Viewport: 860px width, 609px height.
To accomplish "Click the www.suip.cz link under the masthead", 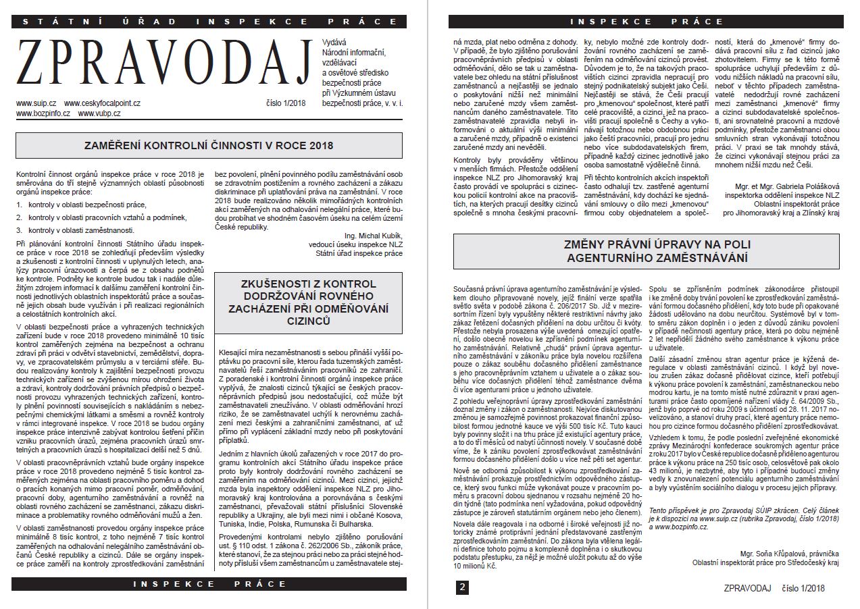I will (x=37, y=103).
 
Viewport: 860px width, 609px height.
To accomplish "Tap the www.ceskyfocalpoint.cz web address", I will (x=103, y=103).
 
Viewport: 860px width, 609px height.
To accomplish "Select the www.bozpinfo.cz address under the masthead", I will (x=43, y=113).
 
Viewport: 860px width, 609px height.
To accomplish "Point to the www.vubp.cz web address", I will (x=99, y=113).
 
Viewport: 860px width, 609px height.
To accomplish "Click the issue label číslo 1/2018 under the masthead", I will (x=286, y=103).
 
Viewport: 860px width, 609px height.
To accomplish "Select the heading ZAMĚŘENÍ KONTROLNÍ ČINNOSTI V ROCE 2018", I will (x=208, y=145).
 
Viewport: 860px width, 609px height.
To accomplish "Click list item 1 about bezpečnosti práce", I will (x=81, y=204).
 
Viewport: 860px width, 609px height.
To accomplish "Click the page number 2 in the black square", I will (x=462, y=587).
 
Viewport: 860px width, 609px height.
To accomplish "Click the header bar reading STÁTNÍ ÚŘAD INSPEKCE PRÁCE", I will (x=210, y=22).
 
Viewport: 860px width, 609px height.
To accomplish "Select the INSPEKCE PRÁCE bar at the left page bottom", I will (x=210, y=583).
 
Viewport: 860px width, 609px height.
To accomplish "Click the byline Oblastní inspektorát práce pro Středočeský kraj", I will (x=765, y=562).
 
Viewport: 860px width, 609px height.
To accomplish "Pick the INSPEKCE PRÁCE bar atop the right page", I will (x=647, y=22).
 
